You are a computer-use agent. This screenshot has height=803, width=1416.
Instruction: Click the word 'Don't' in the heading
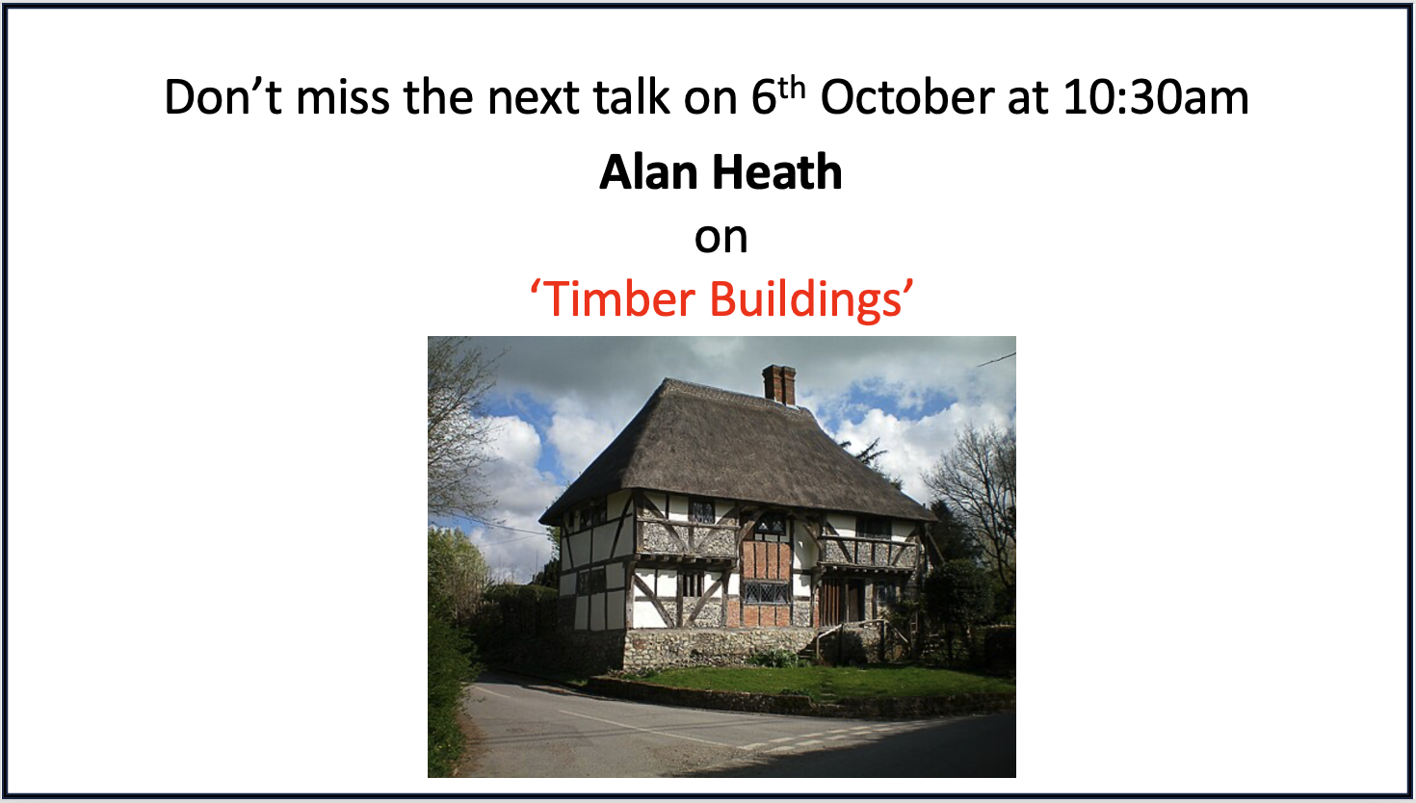(x=223, y=96)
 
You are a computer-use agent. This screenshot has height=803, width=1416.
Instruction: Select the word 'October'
(x=907, y=96)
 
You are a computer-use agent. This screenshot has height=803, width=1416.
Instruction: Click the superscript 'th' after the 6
(x=792, y=89)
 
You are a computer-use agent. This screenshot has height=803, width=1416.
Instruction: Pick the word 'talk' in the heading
(x=631, y=96)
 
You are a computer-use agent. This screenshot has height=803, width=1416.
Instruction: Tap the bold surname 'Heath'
(x=777, y=171)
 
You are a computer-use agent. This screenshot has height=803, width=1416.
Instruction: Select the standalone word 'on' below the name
(x=721, y=238)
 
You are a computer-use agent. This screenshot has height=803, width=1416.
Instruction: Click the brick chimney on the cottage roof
(x=778, y=384)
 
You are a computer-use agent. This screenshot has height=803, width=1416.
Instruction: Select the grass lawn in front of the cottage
(x=822, y=683)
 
